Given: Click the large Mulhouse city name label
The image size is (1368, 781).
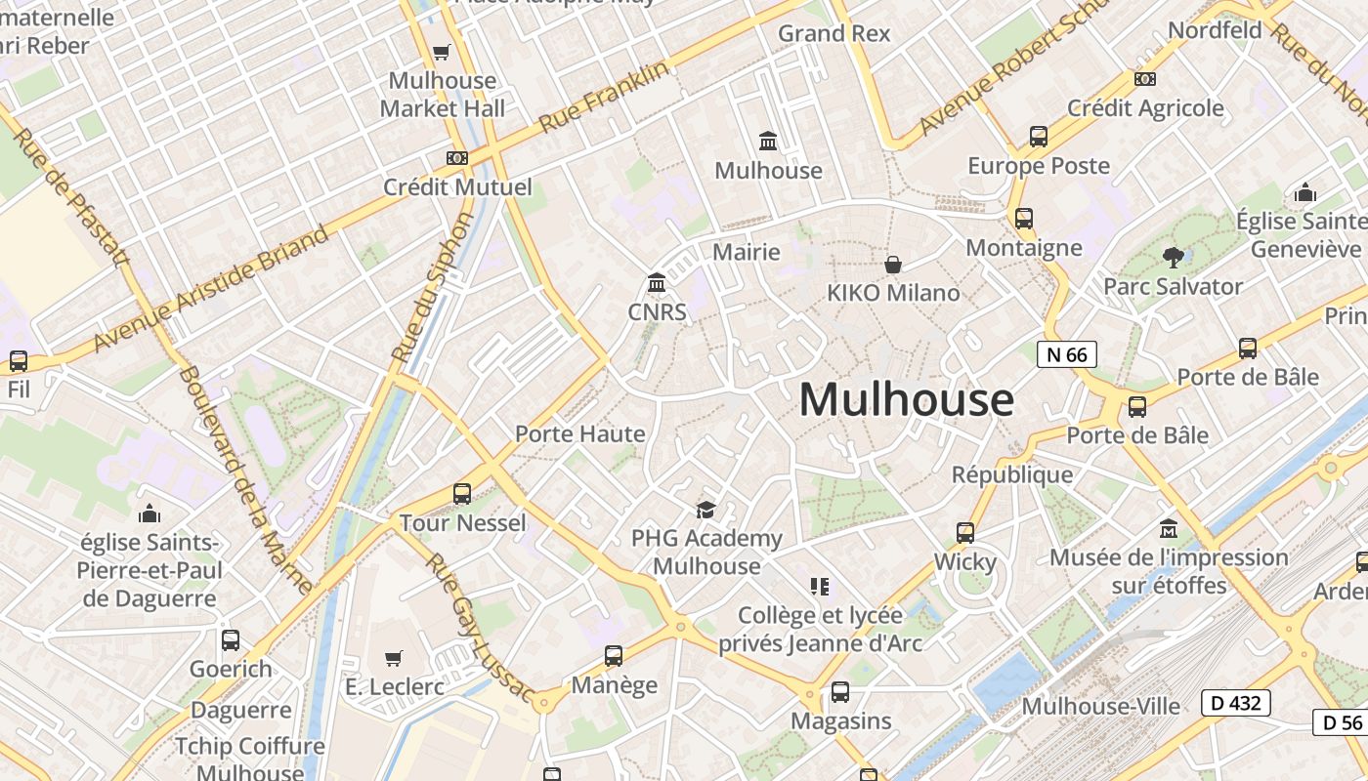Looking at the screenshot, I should point(906,399).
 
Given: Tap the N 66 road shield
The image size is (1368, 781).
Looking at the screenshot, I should point(1066,354).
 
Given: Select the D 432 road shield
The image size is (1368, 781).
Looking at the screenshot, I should point(1235,702).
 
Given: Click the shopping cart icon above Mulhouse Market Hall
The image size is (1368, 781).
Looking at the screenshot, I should point(442,52).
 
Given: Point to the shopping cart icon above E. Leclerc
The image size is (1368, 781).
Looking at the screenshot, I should point(393,659).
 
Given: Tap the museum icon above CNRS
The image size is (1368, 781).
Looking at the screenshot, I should point(657,283).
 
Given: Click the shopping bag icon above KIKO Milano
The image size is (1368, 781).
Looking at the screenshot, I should point(893,265).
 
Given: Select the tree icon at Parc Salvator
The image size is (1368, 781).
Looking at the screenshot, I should point(1173,258).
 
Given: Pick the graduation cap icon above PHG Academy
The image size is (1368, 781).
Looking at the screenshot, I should point(705,510).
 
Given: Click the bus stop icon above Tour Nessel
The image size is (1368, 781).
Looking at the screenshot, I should point(462,494).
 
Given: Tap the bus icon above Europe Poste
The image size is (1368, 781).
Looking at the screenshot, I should point(1038,137).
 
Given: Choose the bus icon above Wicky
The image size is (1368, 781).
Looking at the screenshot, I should point(965,533).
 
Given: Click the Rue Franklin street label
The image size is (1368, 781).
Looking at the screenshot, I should point(605,97).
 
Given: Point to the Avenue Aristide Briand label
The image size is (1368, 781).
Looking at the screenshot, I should point(211,290).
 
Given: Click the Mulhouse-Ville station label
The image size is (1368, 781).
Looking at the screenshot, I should point(1100,706).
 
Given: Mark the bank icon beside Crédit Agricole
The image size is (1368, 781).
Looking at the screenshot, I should point(1144,79).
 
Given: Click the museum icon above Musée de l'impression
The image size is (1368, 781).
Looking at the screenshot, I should point(1169,529).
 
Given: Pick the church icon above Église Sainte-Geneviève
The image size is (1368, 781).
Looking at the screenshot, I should point(1304,193).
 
